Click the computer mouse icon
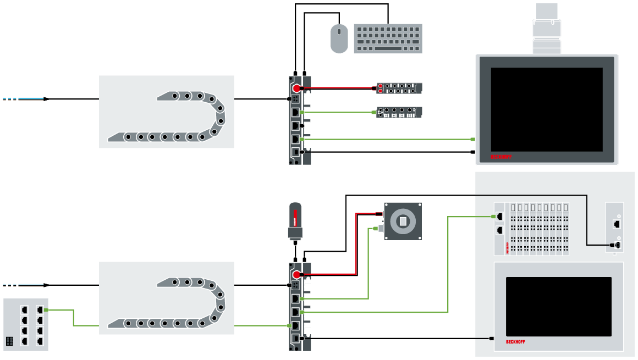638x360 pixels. point(339,38)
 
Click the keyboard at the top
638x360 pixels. point(388,38)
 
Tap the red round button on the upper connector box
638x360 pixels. point(296,88)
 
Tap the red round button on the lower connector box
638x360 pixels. point(296,274)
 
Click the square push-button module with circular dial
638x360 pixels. point(403,221)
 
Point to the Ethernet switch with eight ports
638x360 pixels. point(25,324)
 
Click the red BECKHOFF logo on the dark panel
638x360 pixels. point(501,157)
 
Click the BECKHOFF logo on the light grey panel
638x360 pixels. point(515,342)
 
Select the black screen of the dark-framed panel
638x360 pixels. point(546,109)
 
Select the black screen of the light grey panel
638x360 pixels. point(558,306)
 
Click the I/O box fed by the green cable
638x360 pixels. point(399,112)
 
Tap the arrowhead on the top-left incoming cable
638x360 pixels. point(47,99)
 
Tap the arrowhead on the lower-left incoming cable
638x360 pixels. point(47,285)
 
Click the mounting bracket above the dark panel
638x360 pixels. point(547,29)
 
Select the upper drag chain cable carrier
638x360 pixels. point(167,112)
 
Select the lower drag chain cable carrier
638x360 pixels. point(167,298)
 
